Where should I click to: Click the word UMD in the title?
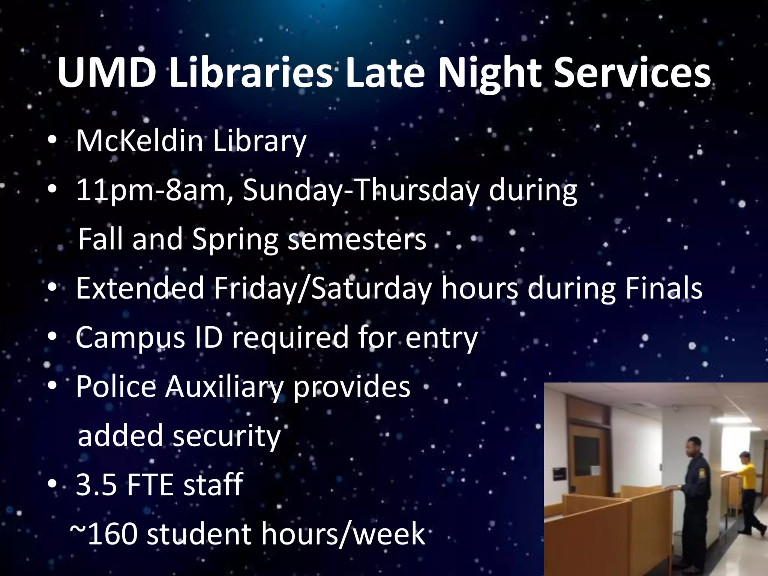tap(107, 73)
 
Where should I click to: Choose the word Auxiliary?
tap(225, 387)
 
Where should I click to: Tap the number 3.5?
tap(96, 484)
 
